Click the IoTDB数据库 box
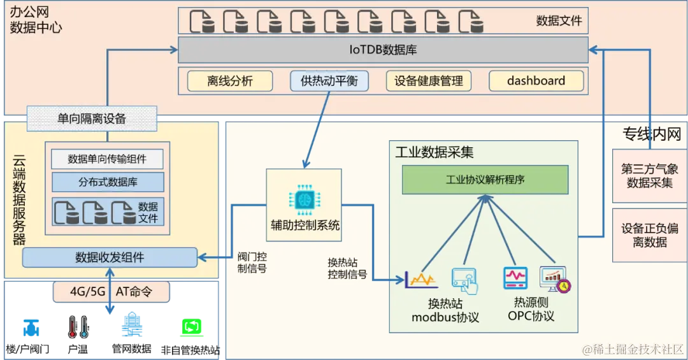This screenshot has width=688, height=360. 383,50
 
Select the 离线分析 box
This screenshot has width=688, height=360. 230,81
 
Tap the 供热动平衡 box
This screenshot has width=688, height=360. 329,81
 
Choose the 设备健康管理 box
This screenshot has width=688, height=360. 428,81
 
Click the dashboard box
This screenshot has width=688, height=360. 536,81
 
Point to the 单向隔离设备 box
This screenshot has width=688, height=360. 92,119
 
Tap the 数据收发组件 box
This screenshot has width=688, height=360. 110,257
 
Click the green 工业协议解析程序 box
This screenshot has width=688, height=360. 485,180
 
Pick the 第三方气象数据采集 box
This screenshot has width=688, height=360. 650,176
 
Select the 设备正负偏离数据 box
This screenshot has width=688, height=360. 650,235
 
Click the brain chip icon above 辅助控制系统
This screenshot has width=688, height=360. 304,199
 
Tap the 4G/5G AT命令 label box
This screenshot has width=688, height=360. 111,292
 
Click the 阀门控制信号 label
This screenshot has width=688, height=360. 252,263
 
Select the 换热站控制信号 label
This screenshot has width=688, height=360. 347,268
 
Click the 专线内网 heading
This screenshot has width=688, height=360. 652,134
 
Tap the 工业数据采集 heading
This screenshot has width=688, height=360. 434,152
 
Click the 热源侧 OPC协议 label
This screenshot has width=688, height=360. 531,309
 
